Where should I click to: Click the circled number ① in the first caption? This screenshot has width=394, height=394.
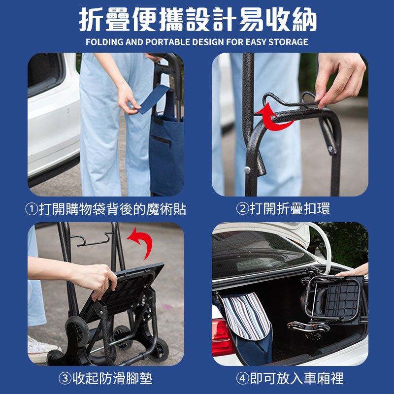tap(32, 209)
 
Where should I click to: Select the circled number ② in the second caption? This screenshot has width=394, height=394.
tap(243, 209)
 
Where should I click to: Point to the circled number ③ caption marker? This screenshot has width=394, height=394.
tap(65, 378)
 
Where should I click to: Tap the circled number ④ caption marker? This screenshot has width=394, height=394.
tap(243, 378)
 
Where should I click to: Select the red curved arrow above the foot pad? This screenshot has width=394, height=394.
tap(143, 241)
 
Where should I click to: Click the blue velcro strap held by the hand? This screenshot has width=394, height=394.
tap(153, 99)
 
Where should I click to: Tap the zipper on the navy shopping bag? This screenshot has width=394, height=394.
tap(162, 139)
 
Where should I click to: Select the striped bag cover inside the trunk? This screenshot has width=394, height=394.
tap(245, 317)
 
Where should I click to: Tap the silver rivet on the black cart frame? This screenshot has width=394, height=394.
tap(248, 170)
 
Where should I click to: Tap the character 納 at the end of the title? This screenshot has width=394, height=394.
tap(304, 20)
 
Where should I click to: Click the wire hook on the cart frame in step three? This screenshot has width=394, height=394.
tap(91, 240)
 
